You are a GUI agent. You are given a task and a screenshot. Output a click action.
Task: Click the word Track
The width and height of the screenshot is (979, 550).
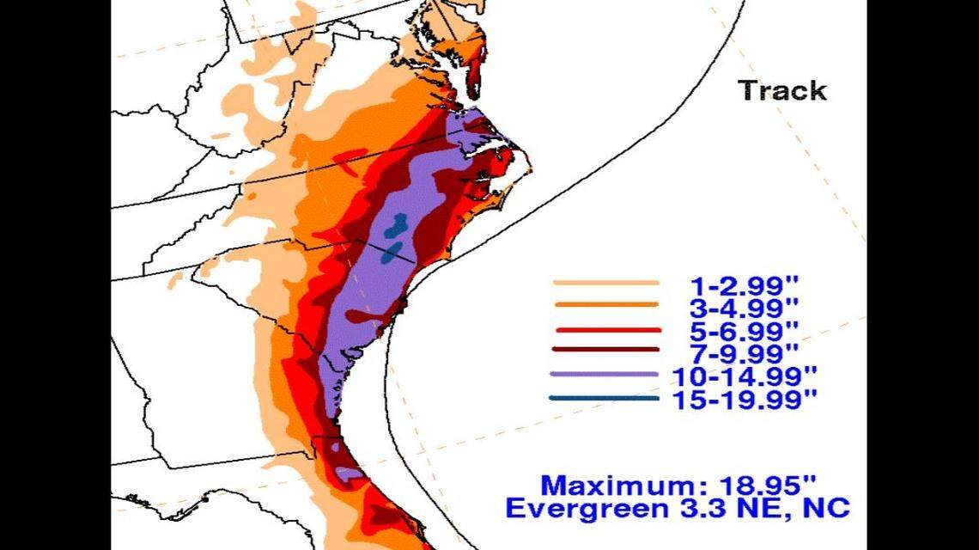[782, 90]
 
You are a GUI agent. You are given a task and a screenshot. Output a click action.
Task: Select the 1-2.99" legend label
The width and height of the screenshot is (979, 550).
[744, 284]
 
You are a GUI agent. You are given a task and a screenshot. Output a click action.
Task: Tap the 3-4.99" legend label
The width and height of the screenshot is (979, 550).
[744, 307]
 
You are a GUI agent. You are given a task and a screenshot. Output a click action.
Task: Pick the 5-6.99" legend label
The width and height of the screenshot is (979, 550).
[744, 330]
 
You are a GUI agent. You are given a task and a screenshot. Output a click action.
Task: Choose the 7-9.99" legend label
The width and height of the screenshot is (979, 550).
[744, 352]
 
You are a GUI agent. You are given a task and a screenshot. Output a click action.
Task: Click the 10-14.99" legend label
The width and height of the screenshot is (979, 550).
[752, 376]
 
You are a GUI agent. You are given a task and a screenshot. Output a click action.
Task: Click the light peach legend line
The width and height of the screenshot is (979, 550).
[605, 283]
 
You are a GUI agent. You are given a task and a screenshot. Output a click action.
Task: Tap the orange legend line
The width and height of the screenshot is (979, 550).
[605, 305]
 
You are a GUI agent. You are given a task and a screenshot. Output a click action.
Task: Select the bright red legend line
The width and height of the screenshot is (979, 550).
[605, 330]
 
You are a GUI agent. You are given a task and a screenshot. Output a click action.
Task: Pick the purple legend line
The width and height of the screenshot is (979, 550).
[605, 375]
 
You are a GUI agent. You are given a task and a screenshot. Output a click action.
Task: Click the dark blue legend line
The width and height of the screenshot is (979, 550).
[605, 399]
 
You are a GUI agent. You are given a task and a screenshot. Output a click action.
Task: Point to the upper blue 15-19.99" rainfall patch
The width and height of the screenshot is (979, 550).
[395, 227]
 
